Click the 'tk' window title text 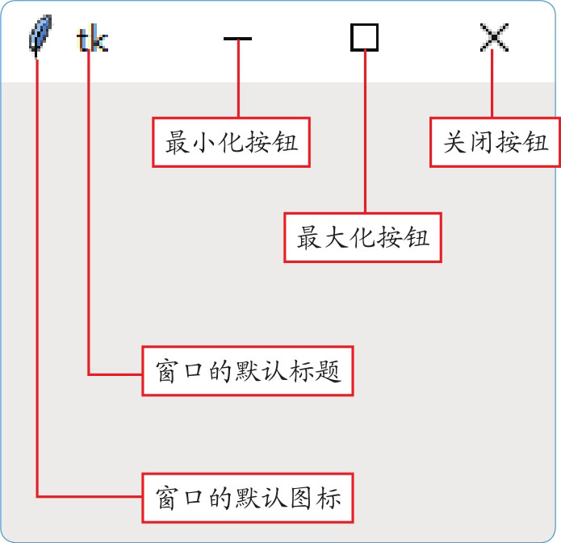[x=91, y=40]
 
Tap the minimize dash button [x=238, y=39]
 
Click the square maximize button [x=365, y=38]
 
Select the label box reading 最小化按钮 [x=232, y=144]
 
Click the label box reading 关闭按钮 [x=495, y=144]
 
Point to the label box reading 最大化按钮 [x=363, y=238]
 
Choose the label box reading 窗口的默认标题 [x=248, y=371]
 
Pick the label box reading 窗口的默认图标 [x=248, y=496]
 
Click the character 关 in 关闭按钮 [x=456, y=144]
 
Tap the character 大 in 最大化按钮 [x=337, y=238]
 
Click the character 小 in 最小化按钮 [x=205, y=144]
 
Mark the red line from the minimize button [x=238, y=81]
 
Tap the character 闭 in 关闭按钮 [x=483, y=144]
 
